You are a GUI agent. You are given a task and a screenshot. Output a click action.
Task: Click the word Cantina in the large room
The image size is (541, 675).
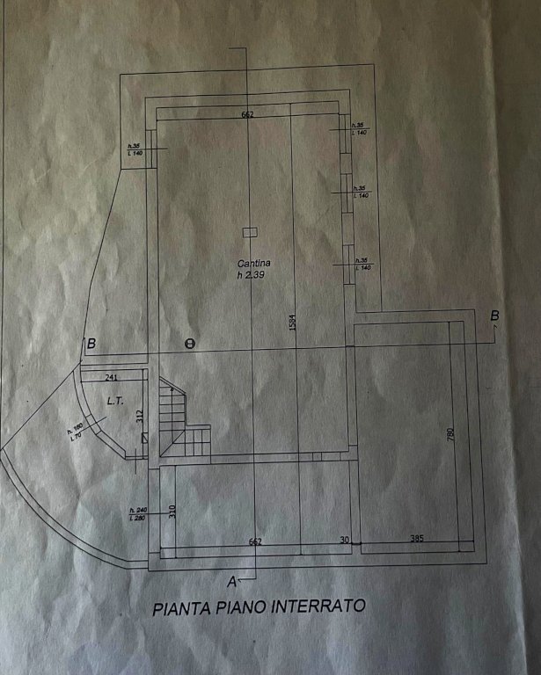coord(253,263)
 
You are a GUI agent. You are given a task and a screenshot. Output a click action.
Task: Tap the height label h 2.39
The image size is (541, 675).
coord(251,275)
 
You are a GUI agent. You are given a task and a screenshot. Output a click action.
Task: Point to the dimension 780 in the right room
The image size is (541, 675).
coord(450,434)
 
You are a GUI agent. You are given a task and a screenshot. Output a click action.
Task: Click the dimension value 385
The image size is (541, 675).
coord(413,539)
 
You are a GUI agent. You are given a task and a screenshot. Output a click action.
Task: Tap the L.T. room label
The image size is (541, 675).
coord(113,400)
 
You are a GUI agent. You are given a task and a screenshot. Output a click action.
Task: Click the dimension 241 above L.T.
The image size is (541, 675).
coord(112,376)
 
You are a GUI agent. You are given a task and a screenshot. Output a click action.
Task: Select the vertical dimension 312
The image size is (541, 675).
coord(139,417)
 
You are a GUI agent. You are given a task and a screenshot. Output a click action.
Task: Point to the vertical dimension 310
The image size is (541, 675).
coord(172,509)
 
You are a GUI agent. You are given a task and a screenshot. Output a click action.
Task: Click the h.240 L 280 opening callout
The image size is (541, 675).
coord(138,514)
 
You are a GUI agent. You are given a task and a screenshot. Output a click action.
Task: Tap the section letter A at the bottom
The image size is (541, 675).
coord(233,580)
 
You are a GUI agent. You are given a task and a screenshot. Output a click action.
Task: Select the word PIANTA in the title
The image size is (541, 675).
coord(179,606)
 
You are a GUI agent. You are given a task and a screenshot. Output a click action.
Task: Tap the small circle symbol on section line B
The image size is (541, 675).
coord(187,344)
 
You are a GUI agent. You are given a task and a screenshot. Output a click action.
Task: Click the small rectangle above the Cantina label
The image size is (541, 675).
coord(248,231)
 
